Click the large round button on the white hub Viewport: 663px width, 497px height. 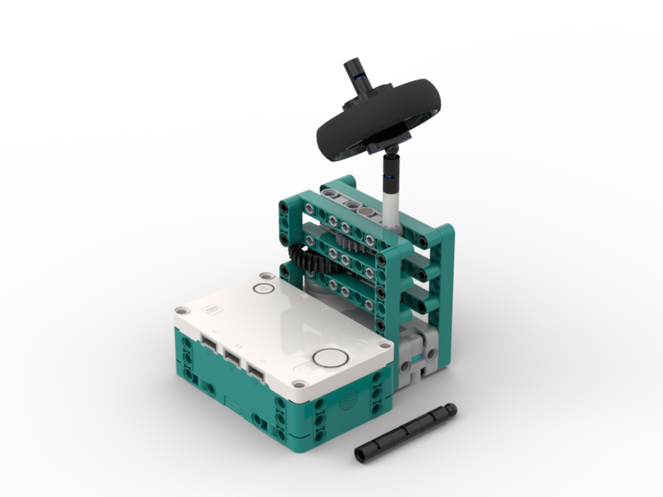(x=330, y=359)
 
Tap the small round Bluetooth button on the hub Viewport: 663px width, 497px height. (x=264, y=289)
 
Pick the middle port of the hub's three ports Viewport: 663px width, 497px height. (x=232, y=358)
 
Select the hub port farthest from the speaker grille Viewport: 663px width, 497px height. (x=208, y=344)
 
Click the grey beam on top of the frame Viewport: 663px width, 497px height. (x=351, y=202)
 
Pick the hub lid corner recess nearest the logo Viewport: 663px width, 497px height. (x=180, y=310)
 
